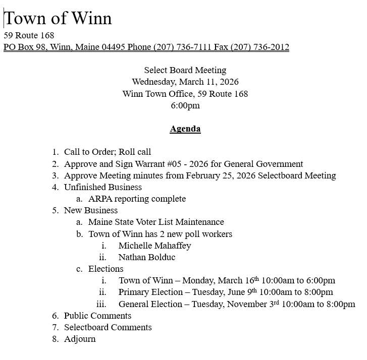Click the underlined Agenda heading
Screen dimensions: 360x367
pos(185,129)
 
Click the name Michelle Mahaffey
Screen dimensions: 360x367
pos(154,246)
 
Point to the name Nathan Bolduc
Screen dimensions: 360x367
pos(147,257)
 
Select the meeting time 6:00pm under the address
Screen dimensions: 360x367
pos(185,105)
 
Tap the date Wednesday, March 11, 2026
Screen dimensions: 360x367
pos(185,82)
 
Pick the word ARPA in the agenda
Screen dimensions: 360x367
pos(100,199)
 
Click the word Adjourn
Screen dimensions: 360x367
pos(80,339)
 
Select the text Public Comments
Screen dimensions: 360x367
pos(97,316)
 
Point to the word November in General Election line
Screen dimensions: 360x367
pos(246,304)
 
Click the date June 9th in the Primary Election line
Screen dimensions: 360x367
pos(245,292)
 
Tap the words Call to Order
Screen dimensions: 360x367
pos(90,152)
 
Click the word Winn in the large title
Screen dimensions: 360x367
pos(91,19)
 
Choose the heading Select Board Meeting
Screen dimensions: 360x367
pos(185,70)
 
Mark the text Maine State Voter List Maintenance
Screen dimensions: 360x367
pos(156,222)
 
